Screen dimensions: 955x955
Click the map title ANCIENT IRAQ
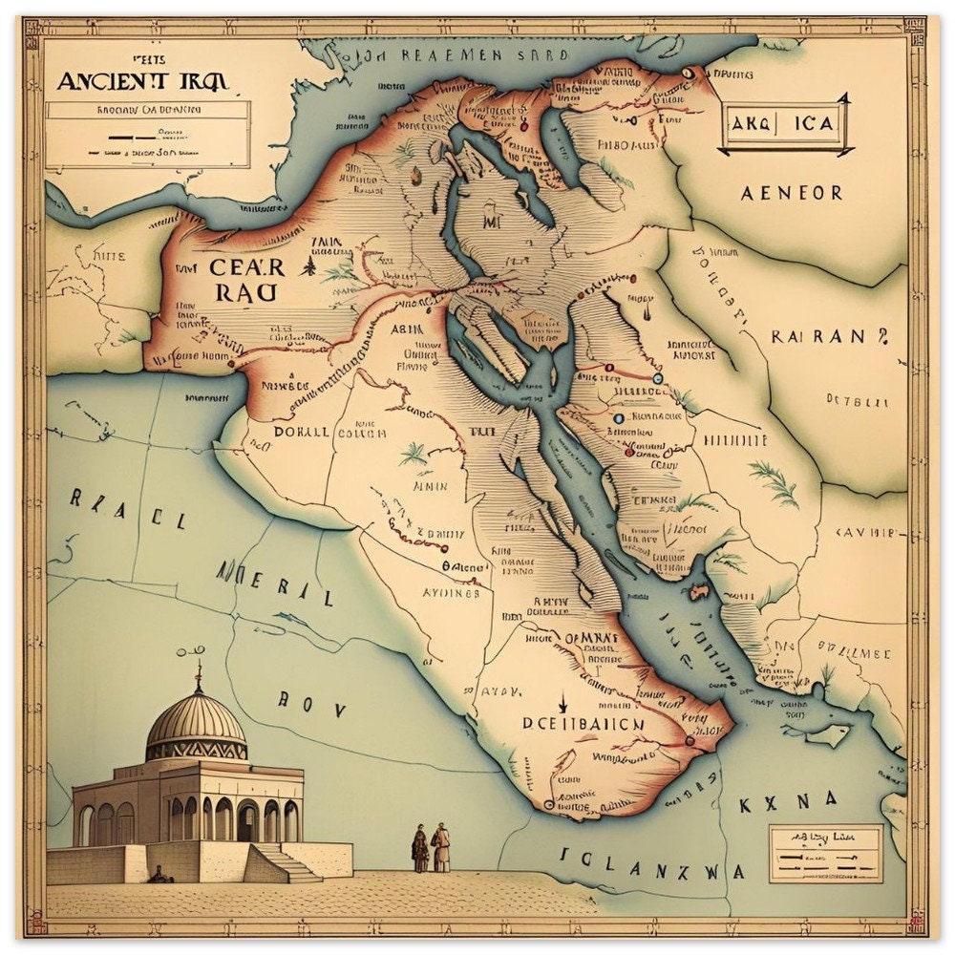point(143,80)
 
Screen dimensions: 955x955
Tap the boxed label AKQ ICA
point(782,123)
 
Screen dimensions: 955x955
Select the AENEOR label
point(792,193)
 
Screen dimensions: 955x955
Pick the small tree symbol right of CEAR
point(308,265)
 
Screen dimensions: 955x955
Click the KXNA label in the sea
point(788,801)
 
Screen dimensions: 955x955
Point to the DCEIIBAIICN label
point(583,725)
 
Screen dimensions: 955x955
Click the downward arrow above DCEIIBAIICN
point(563,703)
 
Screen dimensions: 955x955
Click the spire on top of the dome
point(199,674)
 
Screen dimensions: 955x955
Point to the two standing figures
point(431,848)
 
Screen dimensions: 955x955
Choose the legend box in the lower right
point(825,853)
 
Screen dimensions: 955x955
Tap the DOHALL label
point(301,432)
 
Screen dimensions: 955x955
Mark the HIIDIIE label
point(734,440)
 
